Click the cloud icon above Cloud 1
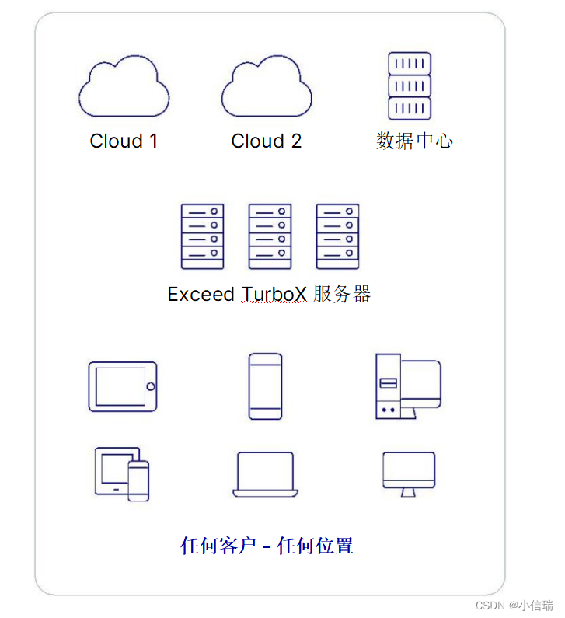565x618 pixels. [x=124, y=87]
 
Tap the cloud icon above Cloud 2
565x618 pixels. [x=267, y=87]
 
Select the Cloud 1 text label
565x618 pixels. [x=124, y=141]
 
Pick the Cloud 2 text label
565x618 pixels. [x=267, y=141]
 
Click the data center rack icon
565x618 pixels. [x=409, y=86]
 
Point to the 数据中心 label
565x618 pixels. [x=414, y=141]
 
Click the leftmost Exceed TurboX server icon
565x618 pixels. [x=202, y=236]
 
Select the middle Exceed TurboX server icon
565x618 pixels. [x=270, y=236]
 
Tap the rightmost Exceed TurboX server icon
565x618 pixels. [x=337, y=236]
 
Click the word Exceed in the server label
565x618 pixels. [x=201, y=295]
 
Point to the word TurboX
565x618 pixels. [x=274, y=295]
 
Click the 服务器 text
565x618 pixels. [x=342, y=295]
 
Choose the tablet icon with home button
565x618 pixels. [x=122, y=386]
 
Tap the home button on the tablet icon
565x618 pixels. [x=150, y=386]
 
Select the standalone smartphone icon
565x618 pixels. [x=265, y=386]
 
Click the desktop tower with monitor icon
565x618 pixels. [x=408, y=386]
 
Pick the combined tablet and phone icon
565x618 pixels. [x=122, y=473]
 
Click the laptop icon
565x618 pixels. [x=265, y=474]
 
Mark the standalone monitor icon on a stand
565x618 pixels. [x=409, y=473]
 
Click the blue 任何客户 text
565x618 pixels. [x=218, y=546]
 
